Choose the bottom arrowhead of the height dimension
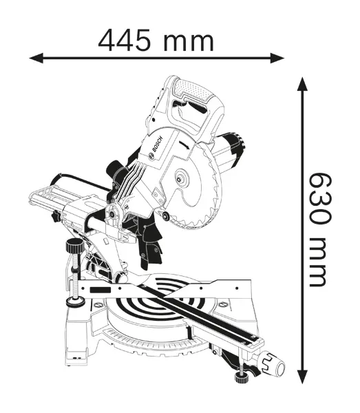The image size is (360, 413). point(301,377)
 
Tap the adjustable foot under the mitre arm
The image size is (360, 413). point(240,377)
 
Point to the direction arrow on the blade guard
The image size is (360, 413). point(182,145)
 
